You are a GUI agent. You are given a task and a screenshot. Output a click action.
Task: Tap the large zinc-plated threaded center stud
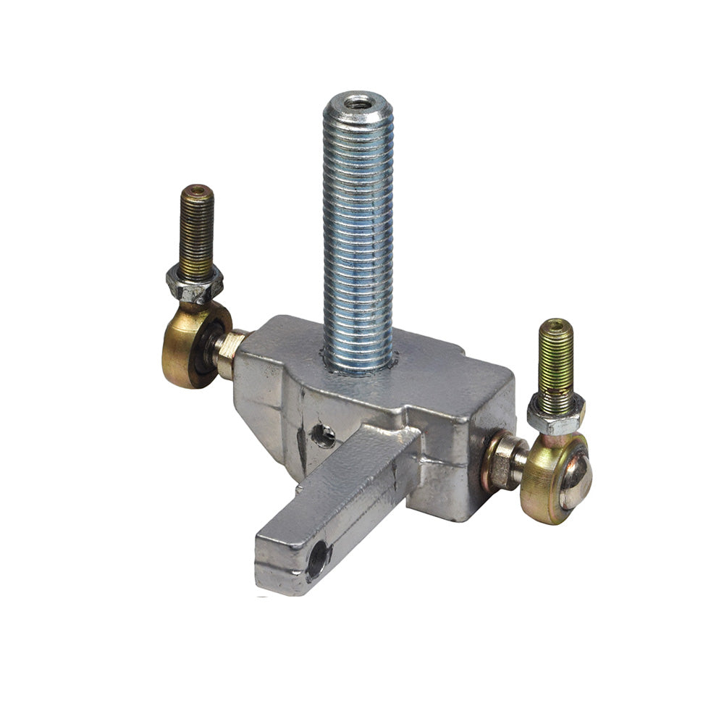click(358, 232)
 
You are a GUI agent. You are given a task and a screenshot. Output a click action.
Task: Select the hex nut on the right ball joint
click(555, 415)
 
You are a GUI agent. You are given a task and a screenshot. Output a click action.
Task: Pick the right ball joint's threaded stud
click(556, 358)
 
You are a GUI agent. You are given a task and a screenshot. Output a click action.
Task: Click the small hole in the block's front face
click(323, 436)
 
